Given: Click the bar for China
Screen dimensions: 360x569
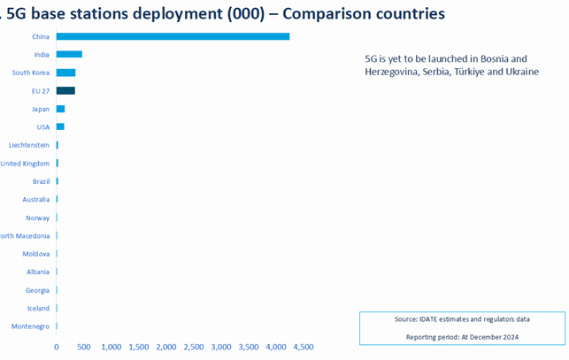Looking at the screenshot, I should pyautogui.click(x=173, y=36).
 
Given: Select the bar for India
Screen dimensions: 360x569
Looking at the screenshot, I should pyautogui.click(x=69, y=54).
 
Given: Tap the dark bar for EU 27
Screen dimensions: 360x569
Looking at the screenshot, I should pyautogui.click(x=65, y=90).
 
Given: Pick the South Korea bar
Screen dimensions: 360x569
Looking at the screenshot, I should pyautogui.click(x=65, y=73).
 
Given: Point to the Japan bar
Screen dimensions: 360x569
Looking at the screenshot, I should pyautogui.click(x=60, y=109).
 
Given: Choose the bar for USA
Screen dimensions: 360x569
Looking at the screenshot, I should pyautogui.click(x=60, y=126).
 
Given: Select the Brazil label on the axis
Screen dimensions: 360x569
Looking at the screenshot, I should pyautogui.click(x=40, y=181).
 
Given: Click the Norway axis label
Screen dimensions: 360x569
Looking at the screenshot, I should pyautogui.click(x=37, y=218).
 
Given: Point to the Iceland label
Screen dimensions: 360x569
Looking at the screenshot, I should pyautogui.click(x=38, y=308).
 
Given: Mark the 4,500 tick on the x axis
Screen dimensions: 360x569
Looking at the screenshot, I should pyautogui.click(x=304, y=348).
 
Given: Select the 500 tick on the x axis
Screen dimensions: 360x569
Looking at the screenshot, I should pyautogui.click(x=84, y=348).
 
